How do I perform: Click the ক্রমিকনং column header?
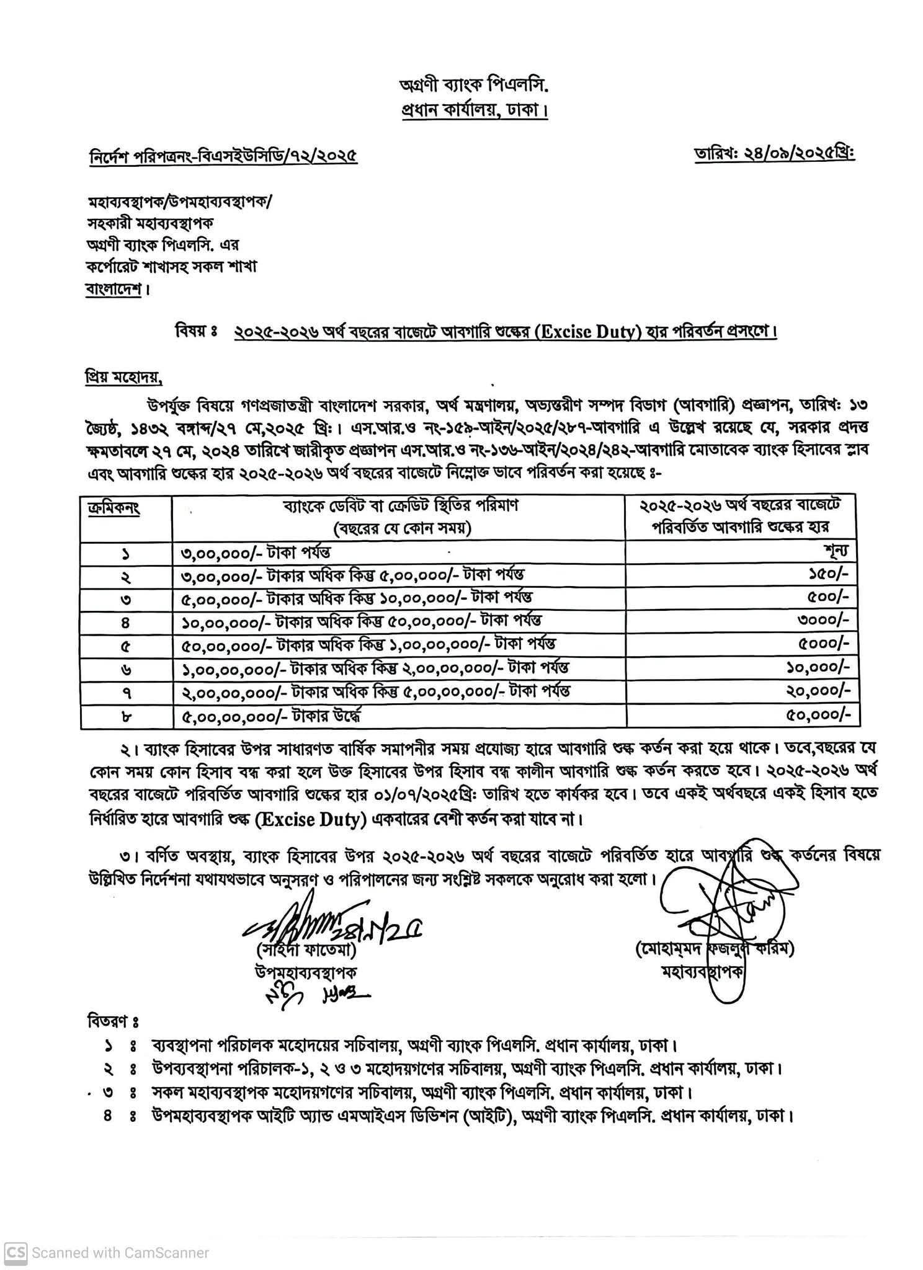114,507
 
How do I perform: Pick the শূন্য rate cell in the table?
837,551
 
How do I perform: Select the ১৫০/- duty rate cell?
825,575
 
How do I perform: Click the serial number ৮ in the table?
125,717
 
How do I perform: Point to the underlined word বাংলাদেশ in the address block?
115,290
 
